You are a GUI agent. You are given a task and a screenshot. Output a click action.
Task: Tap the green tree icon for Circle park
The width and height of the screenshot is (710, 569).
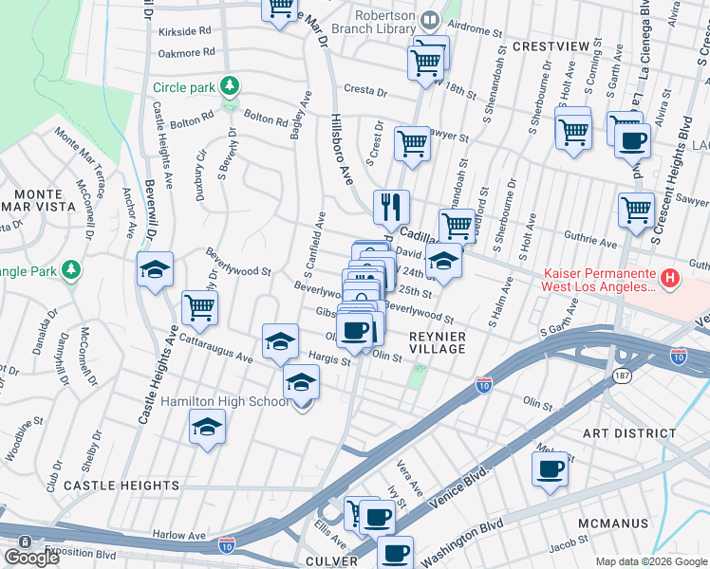pos(229,87)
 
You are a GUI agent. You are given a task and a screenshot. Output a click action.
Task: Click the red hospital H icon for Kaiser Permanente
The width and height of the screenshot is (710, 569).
pos(670,279)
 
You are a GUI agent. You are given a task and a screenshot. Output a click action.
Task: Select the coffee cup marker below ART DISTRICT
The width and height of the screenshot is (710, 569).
pos(551,468)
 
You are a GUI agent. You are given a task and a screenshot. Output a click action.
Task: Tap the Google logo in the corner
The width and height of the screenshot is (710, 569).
pos(31,558)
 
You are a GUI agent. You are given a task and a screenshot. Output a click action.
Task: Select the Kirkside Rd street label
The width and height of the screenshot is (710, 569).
pos(184,31)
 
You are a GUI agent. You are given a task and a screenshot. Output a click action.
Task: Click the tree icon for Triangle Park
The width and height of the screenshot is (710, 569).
pos(70,271)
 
